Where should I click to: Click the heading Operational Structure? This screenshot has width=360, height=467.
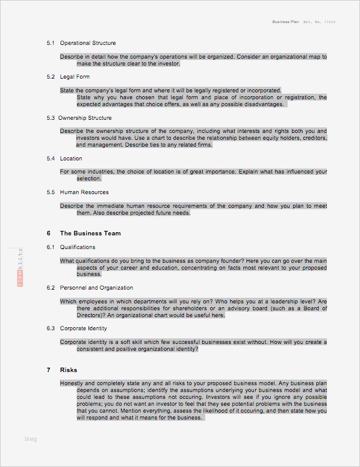[x=87, y=43]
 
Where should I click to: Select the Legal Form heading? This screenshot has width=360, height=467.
[x=75, y=77]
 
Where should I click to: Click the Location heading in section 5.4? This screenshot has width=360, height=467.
[x=71, y=159]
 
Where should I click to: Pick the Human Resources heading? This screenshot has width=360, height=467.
[x=84, y=192]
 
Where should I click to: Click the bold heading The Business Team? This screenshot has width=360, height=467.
[x=90, y=233]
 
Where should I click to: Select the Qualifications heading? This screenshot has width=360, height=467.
[x=77, y=247]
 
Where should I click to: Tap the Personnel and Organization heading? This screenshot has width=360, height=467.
[x=96, y=288]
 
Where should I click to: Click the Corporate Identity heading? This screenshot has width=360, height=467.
[x=84, y=328]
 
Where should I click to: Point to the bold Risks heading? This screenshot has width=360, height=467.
[x=69, y=370]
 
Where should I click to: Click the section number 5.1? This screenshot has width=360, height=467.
[x=51, y=43]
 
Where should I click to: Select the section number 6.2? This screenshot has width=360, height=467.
[x=51, y=288]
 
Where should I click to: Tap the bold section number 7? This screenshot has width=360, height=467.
[x=48, y=370]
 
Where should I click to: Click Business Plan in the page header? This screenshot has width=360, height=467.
[x=286, y=21]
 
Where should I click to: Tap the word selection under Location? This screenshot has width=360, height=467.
[x=88, y=179]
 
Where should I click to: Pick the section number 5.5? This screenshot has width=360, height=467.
[x=51, y=192]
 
